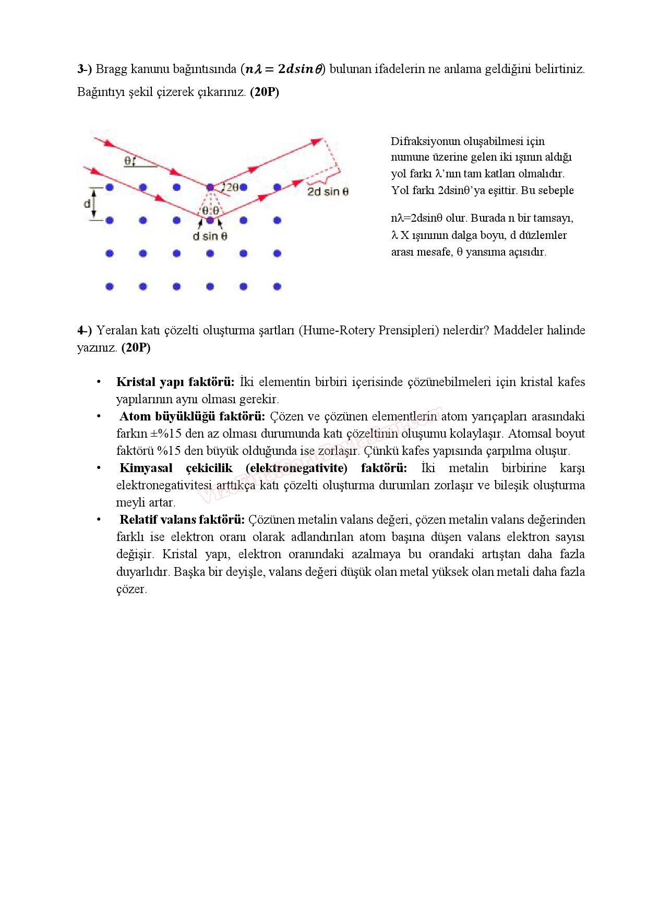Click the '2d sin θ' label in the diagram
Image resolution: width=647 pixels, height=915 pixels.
(x=328, y=191)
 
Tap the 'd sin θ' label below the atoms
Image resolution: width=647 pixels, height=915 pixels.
(x=210, y=236)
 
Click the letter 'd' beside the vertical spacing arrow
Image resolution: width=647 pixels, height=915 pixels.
(x=87, y=203)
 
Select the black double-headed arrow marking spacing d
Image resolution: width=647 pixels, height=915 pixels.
(x=94, y=203)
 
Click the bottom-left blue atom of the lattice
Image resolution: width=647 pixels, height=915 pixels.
(x=110, y=286)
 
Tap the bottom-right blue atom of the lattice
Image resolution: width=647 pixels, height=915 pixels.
(x=277, y=286)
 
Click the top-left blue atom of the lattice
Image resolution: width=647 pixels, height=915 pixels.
(x=110, y=187)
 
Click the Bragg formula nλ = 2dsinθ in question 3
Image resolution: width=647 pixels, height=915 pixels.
(x=284, y=69)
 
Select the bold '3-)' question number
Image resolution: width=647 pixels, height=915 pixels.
(x=85, y=69)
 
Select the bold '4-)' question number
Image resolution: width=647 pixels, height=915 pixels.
(x=85, y=330)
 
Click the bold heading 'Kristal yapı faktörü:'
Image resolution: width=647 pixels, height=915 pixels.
(x=175, y=382)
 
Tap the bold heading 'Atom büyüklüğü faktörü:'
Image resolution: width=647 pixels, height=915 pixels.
(x=192, y=416)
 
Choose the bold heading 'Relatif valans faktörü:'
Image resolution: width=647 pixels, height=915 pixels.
(x=182, y=520)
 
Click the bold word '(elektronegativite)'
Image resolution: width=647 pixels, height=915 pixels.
(x=296, y=468)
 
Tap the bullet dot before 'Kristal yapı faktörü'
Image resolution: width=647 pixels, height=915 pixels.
(x=99, y=382)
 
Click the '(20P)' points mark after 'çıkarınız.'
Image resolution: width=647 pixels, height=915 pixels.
(x=265, y=92)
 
